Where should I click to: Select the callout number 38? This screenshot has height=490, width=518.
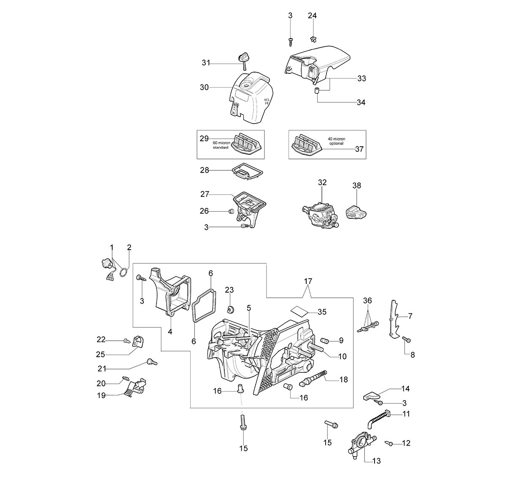pos(356,186)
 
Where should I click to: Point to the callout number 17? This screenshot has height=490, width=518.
pos(308,281)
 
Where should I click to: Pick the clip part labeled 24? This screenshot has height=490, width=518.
pos(312,39)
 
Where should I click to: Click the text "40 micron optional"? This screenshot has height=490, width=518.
pos(336,141)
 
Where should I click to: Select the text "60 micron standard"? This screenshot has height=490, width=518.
pos(221,145)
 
